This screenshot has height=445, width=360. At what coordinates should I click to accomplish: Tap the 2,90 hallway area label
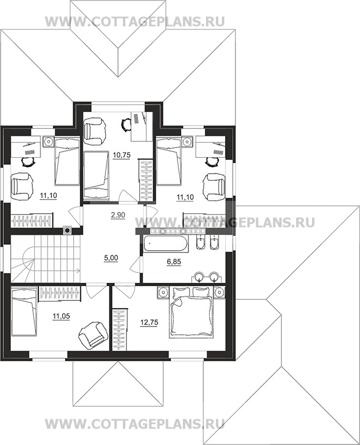pos(117,215)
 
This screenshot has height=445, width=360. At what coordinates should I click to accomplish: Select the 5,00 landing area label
pos(111,258)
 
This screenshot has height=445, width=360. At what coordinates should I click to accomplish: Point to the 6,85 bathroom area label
pos(174,262)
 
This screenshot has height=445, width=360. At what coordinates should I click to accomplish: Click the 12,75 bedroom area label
pos(149,322)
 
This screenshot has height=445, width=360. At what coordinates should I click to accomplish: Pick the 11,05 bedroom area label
pos(61,316)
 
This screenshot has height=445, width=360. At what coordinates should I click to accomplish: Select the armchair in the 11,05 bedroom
pos(93,334)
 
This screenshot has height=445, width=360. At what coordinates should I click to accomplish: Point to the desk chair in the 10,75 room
pos(125,124)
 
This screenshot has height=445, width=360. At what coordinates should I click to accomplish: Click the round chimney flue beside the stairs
pos(68,230)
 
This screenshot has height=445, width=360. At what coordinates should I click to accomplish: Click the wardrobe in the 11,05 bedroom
pos(60,293)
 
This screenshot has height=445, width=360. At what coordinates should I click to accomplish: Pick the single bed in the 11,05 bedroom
pos(24,311)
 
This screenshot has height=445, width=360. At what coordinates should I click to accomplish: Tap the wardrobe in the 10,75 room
pos(146,181)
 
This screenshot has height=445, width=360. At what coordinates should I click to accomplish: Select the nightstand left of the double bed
pos(163,292)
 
